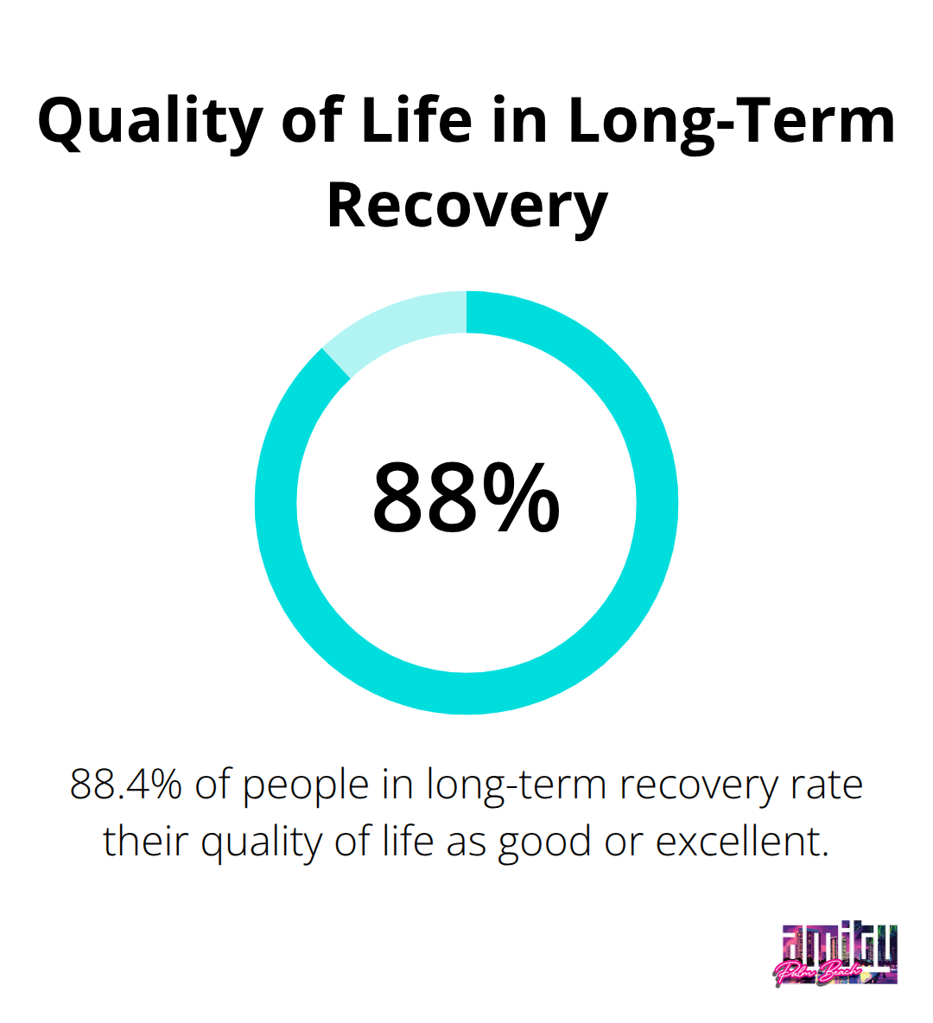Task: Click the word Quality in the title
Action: [150, 123]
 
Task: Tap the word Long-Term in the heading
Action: [732, 123]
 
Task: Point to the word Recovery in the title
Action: [467, 207]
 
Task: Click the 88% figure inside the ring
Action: [466, 498]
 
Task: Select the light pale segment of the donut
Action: [398, 324]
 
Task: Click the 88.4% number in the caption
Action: [125, 784]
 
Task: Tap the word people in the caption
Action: [305, 787]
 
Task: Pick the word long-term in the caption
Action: [517, 787]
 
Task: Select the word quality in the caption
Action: [262, 844]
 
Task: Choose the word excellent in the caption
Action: [742, 841]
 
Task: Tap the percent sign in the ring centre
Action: [521, 498]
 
